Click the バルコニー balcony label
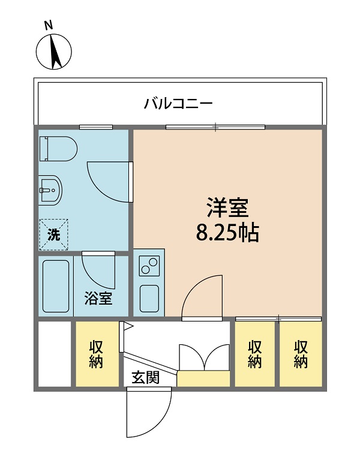coord(178,104)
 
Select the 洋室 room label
coord(227,208)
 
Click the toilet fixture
coord(56,149)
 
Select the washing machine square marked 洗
coord(54,234)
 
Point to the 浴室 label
coord(98,298)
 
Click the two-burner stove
coord(149,265)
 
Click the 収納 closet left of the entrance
coord(97,354)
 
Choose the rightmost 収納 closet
coord(301,354)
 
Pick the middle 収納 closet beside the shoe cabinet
coord(255,354)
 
